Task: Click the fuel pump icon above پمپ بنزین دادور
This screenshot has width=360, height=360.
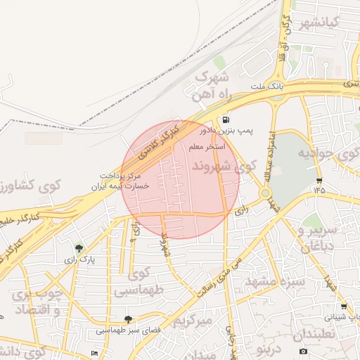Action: [x=225, y=120]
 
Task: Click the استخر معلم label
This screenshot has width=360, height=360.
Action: [x=206, y=147]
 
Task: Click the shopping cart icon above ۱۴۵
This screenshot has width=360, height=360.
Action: [x=320, y=180]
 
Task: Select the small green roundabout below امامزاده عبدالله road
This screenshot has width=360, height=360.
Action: [x=266, y=193]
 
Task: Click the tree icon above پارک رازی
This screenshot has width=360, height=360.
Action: [x=79, y=248]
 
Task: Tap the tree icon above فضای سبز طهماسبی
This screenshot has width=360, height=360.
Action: [x=128, y=319]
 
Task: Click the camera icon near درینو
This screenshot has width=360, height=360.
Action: [x=303, y=351]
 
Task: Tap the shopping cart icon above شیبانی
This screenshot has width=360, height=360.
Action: [x=343, y=307]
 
